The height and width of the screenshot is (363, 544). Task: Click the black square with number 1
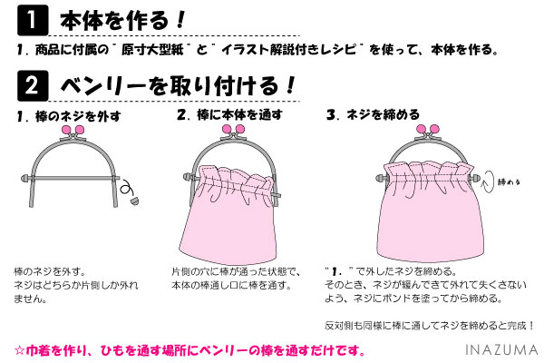click(x=33, y=20)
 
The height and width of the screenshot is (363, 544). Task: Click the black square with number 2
click(x=33, y=85)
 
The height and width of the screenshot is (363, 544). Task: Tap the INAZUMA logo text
click(x=501, y=349)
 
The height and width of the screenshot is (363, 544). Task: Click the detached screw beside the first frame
click(x=135, y=201)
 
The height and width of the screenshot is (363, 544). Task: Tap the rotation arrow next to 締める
click(x=488, y=181)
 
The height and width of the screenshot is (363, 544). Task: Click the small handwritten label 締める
click(x=509, y=181)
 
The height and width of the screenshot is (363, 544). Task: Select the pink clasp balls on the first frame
click(x=73, y=130)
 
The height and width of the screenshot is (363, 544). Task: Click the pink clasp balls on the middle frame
click(x=233, y=130)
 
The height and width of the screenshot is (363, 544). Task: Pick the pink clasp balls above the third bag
click(x=428, y=130)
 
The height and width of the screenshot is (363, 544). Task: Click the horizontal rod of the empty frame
click(x=73, y=178)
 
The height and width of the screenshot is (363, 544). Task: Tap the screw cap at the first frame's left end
click(x=25, y=179)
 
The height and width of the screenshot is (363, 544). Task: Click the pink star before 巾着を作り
click(x=19, y=350)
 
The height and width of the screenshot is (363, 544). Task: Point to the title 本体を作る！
click(x=122, y=20)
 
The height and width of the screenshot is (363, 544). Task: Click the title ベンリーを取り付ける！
click(x=178, y=86)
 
